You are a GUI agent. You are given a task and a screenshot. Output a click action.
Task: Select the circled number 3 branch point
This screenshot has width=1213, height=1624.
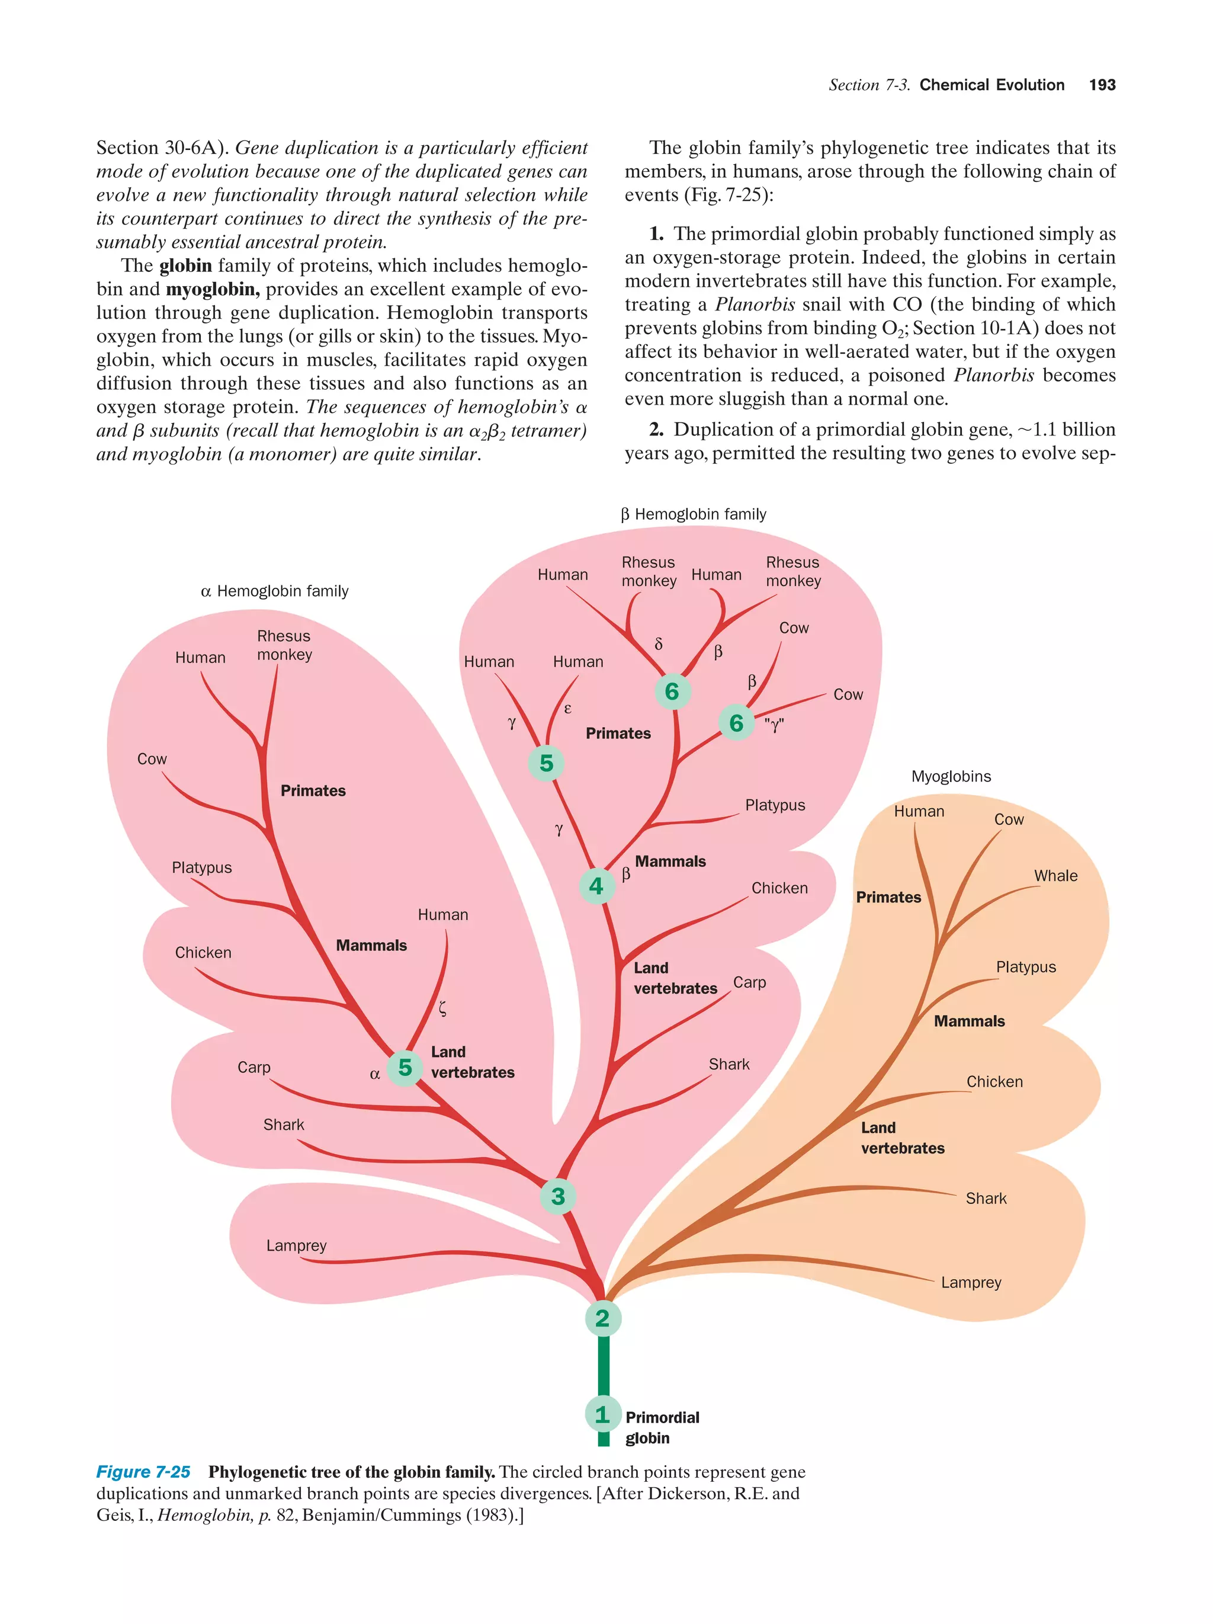tap(558, 1196)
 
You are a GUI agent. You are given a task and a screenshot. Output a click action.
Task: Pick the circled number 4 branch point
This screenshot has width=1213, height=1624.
tap(596, 886)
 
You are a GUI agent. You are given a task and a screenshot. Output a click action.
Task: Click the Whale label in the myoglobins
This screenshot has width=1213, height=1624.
tap(1055, 875)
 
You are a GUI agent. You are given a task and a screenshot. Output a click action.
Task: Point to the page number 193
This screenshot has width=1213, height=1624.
tap(1102, 85)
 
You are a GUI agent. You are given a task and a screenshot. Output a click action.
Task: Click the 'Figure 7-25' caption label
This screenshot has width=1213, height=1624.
tap(143, 1472)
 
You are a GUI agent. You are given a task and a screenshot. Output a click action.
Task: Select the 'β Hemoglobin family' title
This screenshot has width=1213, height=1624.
tap(694, 514)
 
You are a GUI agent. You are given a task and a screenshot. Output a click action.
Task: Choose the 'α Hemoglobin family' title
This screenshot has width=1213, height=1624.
tap(274, 591)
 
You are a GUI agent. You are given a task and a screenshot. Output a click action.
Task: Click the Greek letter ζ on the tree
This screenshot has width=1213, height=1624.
tap(442, 1008)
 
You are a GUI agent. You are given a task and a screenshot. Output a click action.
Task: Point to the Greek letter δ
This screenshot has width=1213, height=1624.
tap(658, 644)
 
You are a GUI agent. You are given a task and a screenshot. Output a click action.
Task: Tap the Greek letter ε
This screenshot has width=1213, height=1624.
tap(567, 709)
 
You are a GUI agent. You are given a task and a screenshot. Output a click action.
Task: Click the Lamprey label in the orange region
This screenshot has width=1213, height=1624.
tap(971, 1282)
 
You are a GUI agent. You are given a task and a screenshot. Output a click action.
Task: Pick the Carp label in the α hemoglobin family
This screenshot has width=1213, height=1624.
tap(254, 1066)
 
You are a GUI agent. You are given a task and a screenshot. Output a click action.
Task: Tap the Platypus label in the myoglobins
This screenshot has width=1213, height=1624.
tap(1025, 967)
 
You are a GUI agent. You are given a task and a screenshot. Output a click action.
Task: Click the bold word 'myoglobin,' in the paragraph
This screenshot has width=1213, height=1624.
tap(213, 289)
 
